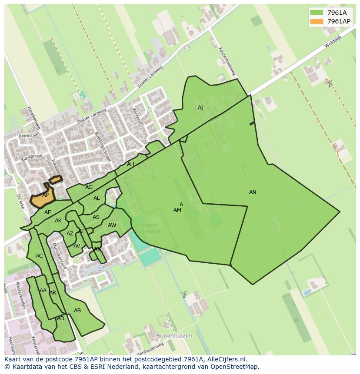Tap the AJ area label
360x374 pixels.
pos(200,108)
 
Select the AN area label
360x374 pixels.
pos(253,192)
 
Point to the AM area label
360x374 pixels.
pos(177,210)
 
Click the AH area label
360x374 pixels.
pos(130,164)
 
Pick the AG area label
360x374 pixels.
pos(89,187)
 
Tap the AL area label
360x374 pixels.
pos(97,198)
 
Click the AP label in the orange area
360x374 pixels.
pos(45,195)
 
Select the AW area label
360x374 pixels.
pos(112,225)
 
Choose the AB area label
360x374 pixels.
pos(77,311)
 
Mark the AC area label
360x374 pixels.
pos(39,256)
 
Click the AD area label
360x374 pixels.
pos(60,318)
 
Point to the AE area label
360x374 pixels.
pos(48,212)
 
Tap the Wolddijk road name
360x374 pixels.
pos(333,43)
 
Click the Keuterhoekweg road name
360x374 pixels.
pos(227,62)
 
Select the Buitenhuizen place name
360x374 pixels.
pos(174,336)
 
